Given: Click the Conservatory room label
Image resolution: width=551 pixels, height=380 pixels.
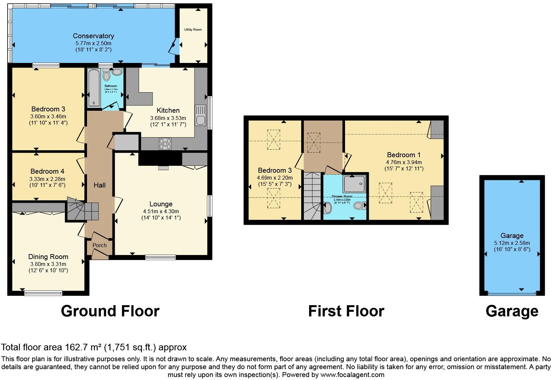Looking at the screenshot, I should pyautogui.click(x=93, y=36).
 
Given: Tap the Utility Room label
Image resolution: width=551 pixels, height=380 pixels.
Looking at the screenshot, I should pyautogui.click(x=193, y=30).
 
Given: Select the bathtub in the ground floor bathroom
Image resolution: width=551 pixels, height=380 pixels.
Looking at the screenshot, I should pyautogui.click(x=94, y=88).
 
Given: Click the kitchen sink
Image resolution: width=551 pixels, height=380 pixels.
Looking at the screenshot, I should pyautogui.click(x=200, y=115).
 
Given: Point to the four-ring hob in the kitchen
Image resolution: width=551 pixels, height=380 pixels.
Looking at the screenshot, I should pyautogui.click(x=165, y=144).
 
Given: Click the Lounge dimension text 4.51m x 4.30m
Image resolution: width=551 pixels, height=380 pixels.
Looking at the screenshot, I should pyautogui.click(x=161, y=211).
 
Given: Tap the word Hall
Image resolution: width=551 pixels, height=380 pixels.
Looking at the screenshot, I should pyautogui.click(x=100, y=185).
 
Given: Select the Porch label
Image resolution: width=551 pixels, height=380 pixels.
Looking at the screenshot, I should pyautogui.click(x=100, y=245).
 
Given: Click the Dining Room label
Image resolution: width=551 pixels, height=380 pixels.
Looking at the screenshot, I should pyautogui.click(x=48, y=257).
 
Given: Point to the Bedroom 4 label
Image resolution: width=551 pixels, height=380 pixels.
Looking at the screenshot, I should pyautogui.click(x=47, y=171).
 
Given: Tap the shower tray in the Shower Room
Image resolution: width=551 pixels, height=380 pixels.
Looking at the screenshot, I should pyautogui.click(x=354, y=184).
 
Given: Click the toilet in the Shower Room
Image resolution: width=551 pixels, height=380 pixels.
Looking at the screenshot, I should pyautogui.click(x=360, y=206).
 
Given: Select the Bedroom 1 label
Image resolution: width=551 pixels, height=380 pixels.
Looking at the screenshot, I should pyautogui.click(x=404, y=155).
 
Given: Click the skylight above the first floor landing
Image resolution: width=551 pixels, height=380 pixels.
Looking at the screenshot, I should pyautogui.click(x=313, y=142).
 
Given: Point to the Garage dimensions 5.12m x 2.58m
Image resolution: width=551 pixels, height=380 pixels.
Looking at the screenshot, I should pyautogui.click(x=512, y=243).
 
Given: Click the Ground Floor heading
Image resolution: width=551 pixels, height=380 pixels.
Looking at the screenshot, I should pyautogui.click(x=110, y=311).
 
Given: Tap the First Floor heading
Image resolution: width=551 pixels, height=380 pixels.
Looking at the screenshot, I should pyautogui.click(x=346, y=311).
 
